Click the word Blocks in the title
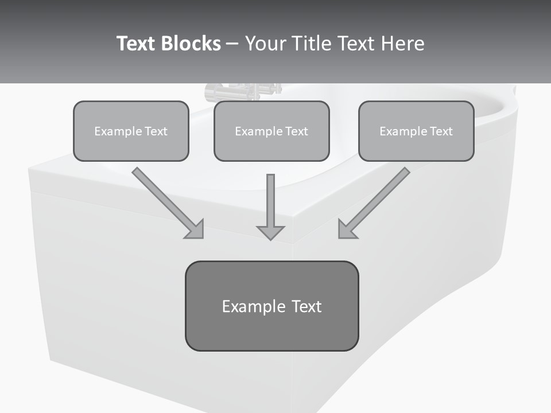(x=191, y=44)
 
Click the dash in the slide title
(x=232, y=44)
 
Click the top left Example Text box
(x=131, y=131)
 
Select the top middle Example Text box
(x=271, y=131)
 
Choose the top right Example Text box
(x=416, y=131)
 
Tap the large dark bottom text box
(x=271, y=306)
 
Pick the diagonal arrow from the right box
(x=376, y=201)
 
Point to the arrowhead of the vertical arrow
(x=270, y=232)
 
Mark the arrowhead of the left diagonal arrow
(x=195, y=229)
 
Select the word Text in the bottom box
(x=306, y=306)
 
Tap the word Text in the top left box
(x=156, y=131)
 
